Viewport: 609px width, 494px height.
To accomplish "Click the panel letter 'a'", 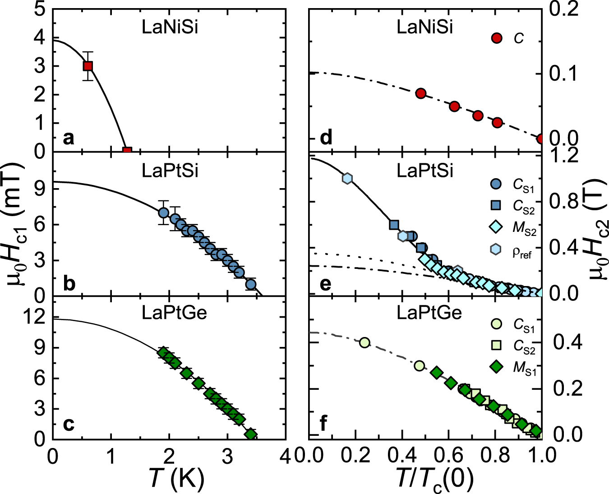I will (69, 138).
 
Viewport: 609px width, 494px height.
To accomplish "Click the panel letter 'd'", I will (326, 137).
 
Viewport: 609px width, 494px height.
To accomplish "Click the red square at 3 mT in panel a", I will (88, 66).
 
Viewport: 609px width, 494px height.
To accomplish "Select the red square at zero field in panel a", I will (127, 151).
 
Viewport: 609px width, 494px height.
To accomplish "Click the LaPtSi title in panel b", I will (170, 171).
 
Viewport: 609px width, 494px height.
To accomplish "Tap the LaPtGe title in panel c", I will (174, 313).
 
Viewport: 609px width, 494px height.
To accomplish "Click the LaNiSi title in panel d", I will (424, 28).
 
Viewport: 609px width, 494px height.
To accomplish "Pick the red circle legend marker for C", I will (496, 38).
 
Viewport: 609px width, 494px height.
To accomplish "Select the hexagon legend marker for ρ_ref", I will (496, 249).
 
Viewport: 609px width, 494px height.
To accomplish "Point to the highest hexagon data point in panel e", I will (347, 178).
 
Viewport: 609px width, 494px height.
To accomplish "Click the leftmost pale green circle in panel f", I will (364, 342).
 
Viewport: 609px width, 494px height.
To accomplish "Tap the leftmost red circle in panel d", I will (420, 93).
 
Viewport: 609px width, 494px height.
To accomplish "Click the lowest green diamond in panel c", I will (251, 434).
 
